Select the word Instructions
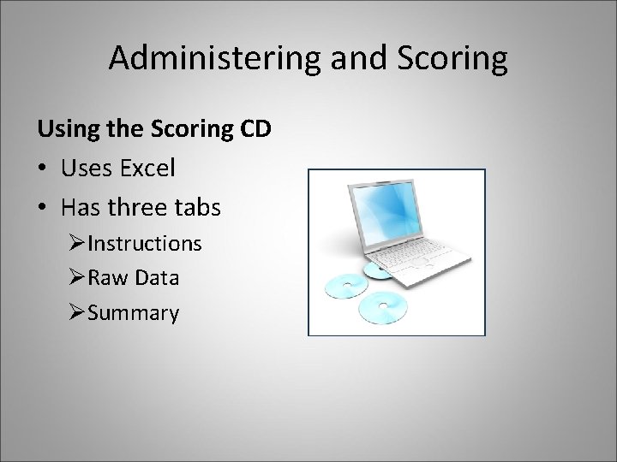coord(144,243)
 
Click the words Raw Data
coord(133,278)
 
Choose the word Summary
coord(133,313)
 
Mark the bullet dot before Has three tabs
coord(43,206)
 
